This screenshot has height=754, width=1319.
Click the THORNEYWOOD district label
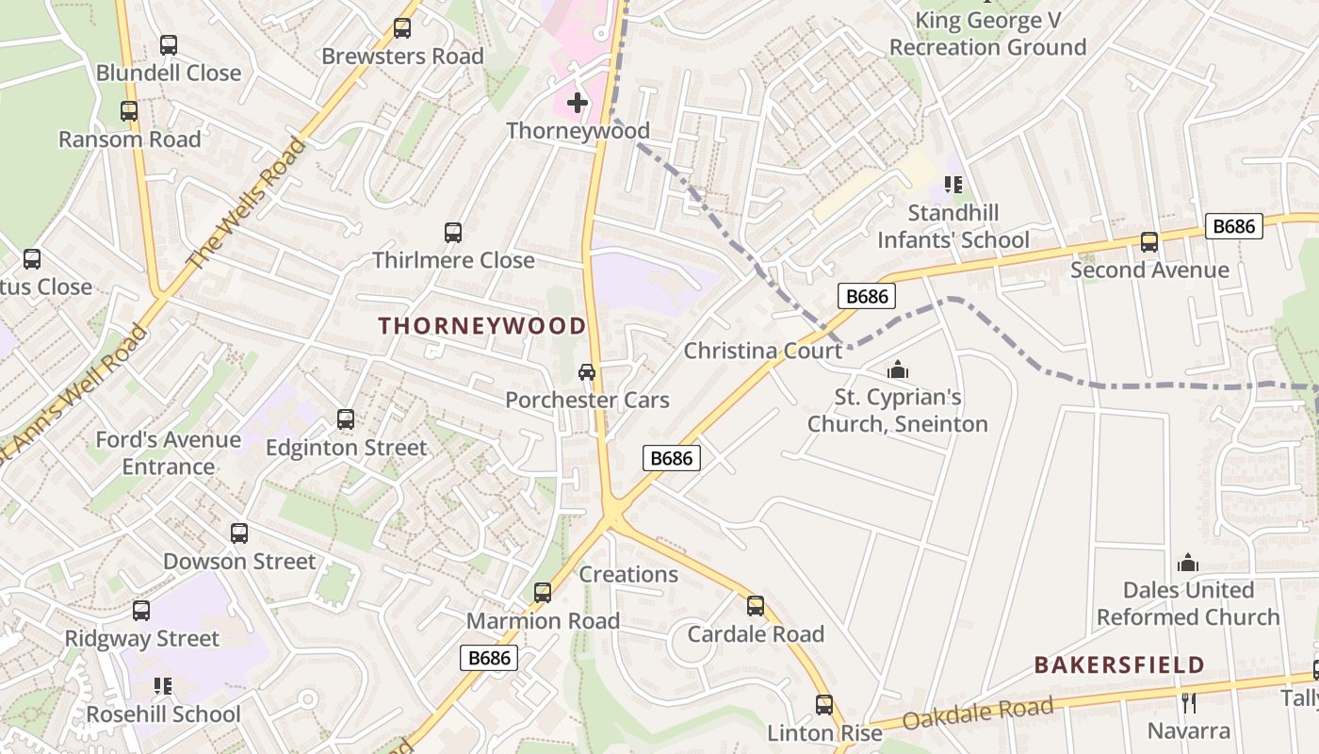tap(482, 326)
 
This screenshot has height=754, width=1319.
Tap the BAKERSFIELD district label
tap(1119, 664)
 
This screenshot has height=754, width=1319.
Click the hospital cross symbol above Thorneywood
tap(578, 102)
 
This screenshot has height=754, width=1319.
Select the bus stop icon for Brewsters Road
tap(402, 28)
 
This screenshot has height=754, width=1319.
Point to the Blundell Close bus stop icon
tap(169, 44)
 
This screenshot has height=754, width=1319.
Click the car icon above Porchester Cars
tap(587, 372)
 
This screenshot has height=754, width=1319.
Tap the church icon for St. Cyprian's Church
tap(898, 369)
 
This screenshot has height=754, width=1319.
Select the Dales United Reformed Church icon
tap(1188, 563)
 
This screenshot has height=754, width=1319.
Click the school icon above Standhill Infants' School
tap(953, 185)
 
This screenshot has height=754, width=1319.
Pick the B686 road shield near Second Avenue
tap(1233, 226)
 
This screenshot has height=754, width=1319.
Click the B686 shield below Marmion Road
tap(489, 658)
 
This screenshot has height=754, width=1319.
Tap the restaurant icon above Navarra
tap(1188, 702)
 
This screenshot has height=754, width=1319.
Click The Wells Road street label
tap(248, 203)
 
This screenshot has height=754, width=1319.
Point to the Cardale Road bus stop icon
tap(755, 606)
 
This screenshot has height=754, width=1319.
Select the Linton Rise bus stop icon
tap(824, 705)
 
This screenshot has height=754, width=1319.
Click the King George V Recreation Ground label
tap(987, 34)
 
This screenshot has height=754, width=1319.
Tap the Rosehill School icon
tap(163, 686)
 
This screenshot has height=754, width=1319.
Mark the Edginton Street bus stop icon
tap(346, 419)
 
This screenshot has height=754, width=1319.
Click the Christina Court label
tap(763, 352)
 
